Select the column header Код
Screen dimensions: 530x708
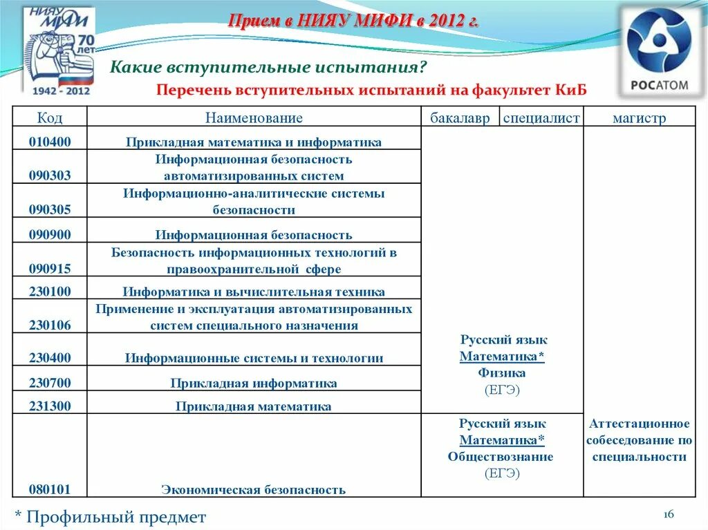click(50, 118)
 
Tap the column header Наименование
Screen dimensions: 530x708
click(254, 118)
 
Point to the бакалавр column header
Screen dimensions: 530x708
click(460, 118)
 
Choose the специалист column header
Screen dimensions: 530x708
click(541, 118)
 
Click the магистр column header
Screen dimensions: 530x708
click(639, 118)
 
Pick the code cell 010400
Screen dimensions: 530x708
click(50, 142)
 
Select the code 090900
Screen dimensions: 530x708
click(50, 234)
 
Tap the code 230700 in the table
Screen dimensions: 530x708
click(50, 382)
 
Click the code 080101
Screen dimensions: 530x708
click(50, 489)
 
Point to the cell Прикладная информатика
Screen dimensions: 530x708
click(254, 383)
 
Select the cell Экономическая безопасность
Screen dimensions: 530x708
click(254, 490)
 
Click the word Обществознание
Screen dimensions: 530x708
click(501, 457)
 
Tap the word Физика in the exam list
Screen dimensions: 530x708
click(502, 373)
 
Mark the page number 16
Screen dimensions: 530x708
click(668, 514)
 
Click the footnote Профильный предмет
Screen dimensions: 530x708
click(111, 516)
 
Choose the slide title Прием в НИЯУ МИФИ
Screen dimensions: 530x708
click(353, 21)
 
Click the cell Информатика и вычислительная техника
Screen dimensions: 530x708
click(254, 292)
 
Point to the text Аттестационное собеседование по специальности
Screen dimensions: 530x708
click(639, 440)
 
